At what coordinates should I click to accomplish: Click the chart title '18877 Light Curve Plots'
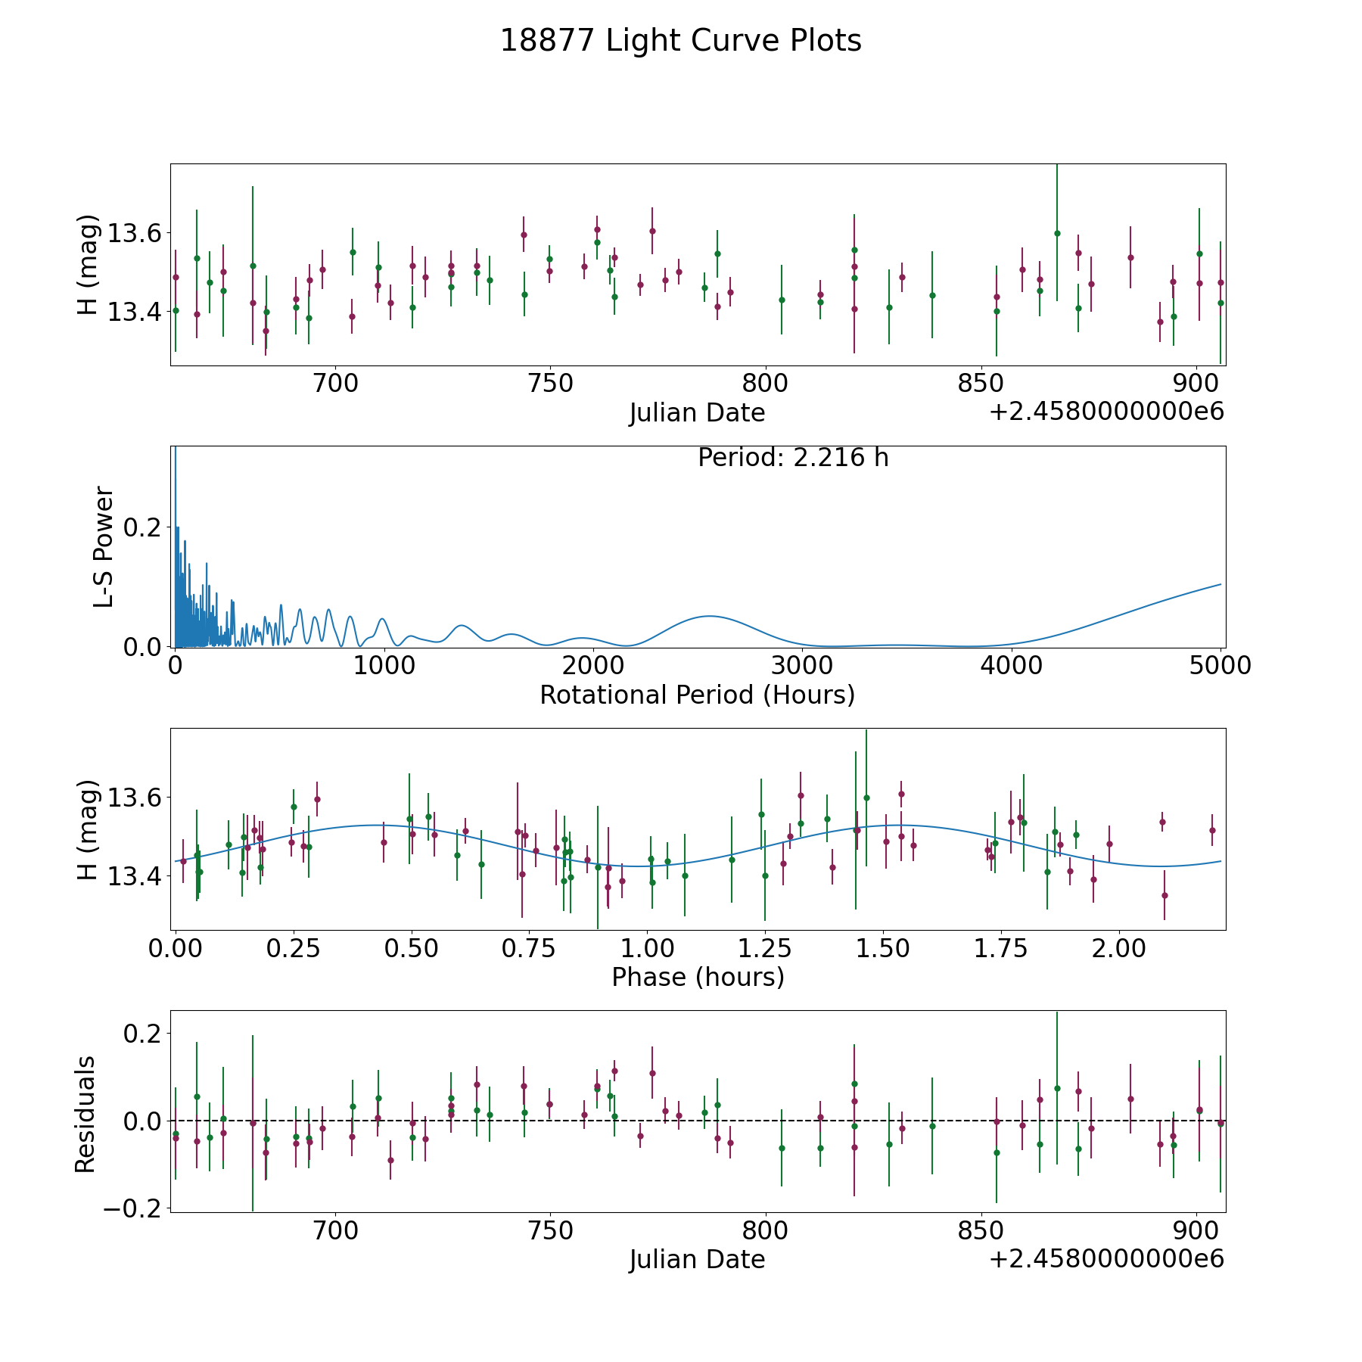(x=681, y=41)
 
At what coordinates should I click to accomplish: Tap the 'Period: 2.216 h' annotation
(x=793, y=458)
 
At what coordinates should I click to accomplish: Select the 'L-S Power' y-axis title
(x=104, y=547)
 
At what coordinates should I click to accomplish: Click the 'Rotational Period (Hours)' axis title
(x=697, y=695)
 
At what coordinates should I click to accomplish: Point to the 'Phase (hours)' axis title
(x=698, y=977)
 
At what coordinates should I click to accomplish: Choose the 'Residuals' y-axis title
(x=86, y=1115)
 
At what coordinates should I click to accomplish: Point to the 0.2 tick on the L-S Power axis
(x=143, y=527)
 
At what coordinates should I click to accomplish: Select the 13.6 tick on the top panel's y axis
(x=135, y=233)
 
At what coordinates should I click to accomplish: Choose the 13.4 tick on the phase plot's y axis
(x=135, y=877)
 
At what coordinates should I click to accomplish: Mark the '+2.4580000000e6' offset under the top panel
(x=1106, y=412)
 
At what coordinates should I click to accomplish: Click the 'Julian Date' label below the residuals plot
(x=697, y=1259)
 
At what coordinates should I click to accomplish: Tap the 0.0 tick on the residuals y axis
(x=143, y=1121)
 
